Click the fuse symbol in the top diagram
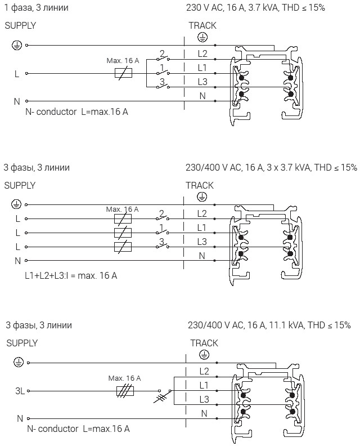coord(123,73)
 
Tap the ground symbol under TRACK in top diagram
coord(202,37)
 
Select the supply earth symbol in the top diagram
coord(16,45)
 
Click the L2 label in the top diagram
coord(202,54)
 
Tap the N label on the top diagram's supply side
coord(17,101)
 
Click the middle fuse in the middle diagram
coord(123,233)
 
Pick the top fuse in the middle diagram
coord(123,218)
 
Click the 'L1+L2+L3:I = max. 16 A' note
coord(71,275)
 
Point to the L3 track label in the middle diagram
coord(202,242)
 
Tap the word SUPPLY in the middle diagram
coord(20,185)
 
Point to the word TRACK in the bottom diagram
coord(204,343)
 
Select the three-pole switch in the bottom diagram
coord(163,396)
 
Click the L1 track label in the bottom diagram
coord(204,385)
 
